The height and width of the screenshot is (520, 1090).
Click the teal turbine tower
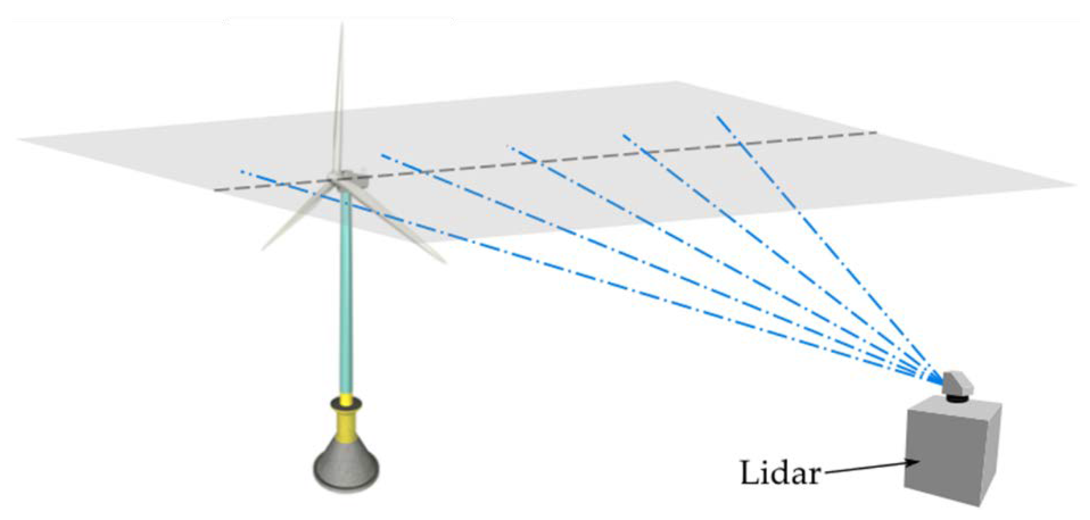[x=346, y=296]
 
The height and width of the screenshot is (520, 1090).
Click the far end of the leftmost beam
[x=242, y=171]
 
